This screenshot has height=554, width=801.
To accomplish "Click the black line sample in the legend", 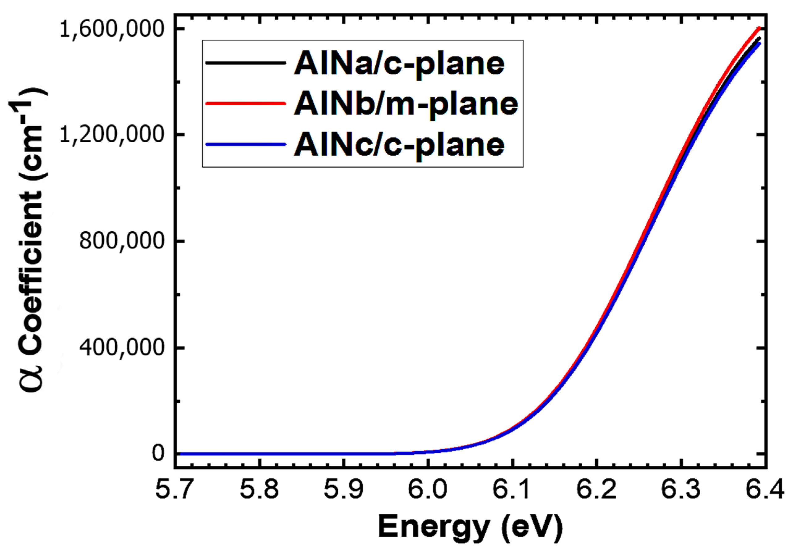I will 246,63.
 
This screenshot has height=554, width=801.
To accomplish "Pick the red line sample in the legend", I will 246,103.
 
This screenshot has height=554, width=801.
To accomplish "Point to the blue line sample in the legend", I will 246,144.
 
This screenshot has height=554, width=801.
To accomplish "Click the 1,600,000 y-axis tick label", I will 111,29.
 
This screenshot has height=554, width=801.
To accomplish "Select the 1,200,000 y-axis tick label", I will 111,135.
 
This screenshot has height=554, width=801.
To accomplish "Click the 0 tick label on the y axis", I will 158,453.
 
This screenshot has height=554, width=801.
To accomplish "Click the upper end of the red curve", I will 760,28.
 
